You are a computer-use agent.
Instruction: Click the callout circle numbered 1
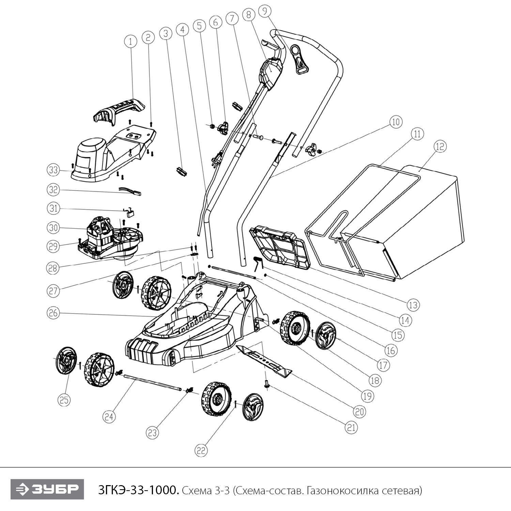click(x=130, y=42)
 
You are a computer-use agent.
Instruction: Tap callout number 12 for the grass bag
click(x=440, y=146)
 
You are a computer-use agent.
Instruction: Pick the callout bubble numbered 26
click(x=53, y=313)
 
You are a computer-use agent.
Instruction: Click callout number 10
click(x=396, y=122)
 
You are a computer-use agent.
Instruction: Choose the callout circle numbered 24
click(x=109, y=416)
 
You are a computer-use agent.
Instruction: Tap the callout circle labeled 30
click(x=53, y=228)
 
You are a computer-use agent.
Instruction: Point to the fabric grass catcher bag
click(x=422, y=218)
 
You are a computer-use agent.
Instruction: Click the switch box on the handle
click(x=271, y=73)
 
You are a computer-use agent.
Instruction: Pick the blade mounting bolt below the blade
click(x=267, y=384)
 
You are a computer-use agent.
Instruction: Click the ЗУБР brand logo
click(x=47, y=490)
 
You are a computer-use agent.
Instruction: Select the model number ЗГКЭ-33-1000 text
click(x=138, y=491)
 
